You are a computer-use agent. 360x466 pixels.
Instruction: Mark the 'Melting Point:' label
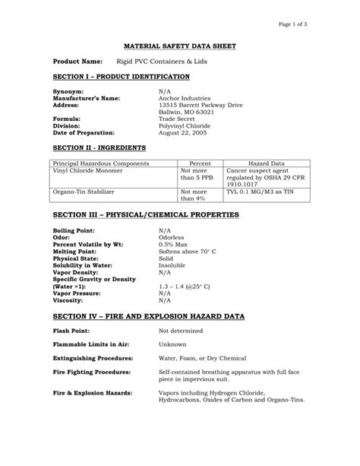(x=75, y=250)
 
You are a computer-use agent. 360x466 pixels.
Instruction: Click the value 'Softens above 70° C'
(x=187, y=250)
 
